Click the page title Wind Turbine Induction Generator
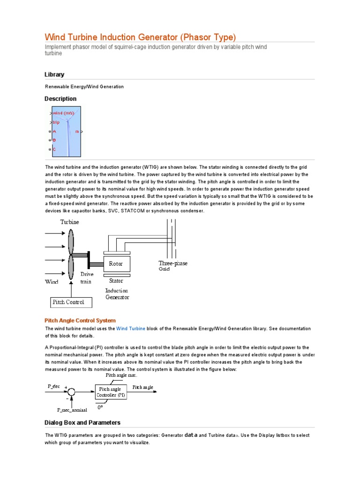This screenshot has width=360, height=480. point(140,37)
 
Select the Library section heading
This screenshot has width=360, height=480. point(54,75)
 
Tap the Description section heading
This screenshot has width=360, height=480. point(60,99)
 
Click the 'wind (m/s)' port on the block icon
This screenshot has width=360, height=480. point(63,113)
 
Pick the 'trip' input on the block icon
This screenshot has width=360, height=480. point(56,122)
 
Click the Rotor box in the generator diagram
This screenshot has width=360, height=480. point(116,264)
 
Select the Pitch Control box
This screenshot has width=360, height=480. point(71,302)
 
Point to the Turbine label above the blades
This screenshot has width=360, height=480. point(69,222)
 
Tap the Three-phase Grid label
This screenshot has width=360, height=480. point(172,266)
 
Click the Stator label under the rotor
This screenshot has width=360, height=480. point(116,281)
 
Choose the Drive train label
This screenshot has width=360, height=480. point(87,278)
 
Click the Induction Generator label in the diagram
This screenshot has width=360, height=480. point(117,294)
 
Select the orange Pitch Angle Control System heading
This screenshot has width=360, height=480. point(80,321)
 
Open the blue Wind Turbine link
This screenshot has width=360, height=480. point(131,329)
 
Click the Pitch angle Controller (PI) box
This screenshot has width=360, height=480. point(111,392)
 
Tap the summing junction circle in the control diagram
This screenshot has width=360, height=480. point(72,392)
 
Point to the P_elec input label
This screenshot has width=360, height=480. point(54,386)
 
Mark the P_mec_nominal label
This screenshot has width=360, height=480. point(72,410)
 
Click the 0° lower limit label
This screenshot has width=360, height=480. point(100,408)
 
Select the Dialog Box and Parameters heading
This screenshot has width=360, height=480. point(82,422)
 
